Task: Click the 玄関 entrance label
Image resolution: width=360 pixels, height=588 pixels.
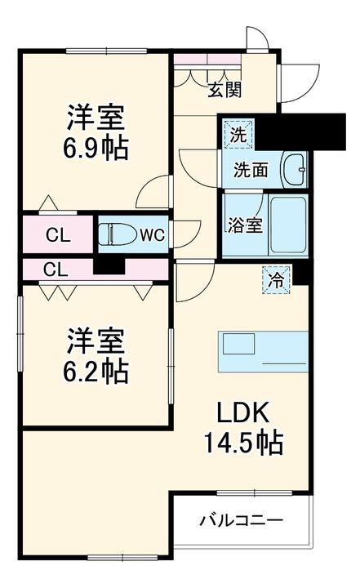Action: click(224, 89)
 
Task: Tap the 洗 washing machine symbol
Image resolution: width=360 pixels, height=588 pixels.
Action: click(238, 135)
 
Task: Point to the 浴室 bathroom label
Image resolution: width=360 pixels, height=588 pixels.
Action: click(245, 225)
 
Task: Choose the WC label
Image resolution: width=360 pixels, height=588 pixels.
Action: click(152, 236)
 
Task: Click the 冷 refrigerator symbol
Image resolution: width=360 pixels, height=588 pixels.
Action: click(277, 279)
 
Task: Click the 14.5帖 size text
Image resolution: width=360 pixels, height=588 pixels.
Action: click(242, 443)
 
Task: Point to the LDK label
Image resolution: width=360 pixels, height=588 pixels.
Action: click(243, 411)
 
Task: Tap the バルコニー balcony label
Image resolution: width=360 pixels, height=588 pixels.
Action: click(242, 520)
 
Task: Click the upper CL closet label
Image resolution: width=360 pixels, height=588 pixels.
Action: click(56, 236)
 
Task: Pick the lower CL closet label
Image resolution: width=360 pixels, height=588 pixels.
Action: click(56, 269)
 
